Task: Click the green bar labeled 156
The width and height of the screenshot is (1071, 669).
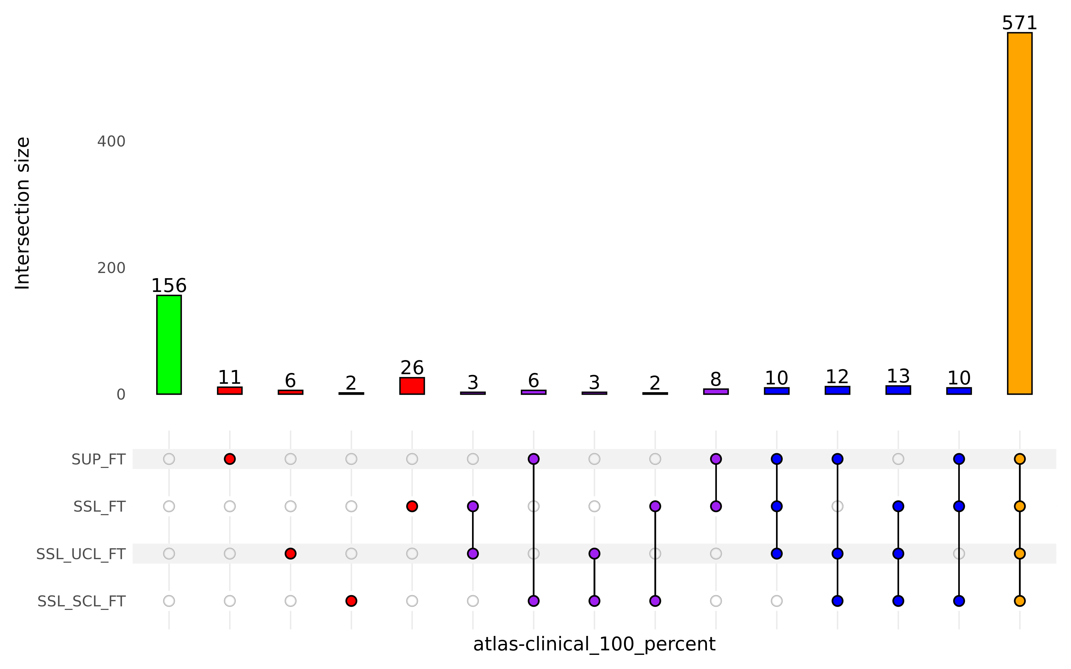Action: (169, 344)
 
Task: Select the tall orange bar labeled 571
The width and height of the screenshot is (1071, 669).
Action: (1019, 213)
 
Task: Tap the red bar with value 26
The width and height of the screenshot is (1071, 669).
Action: (412, 385)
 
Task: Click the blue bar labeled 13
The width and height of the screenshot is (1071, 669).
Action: (898, 390)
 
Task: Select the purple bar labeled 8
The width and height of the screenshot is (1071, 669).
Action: (716, 391)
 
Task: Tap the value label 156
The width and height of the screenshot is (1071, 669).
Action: (169, 286)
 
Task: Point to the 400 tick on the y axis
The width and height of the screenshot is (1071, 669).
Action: (111, 142)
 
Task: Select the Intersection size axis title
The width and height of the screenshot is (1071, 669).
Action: (22, 213)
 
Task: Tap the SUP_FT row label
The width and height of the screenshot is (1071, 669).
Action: (98, 459)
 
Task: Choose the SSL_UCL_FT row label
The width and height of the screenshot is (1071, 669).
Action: (81, 554)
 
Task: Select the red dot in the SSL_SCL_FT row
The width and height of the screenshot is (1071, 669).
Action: (351, 601)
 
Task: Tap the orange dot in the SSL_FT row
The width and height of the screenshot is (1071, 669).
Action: (1019, 506)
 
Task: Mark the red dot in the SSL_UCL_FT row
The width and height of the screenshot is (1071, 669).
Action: (290, 553)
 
